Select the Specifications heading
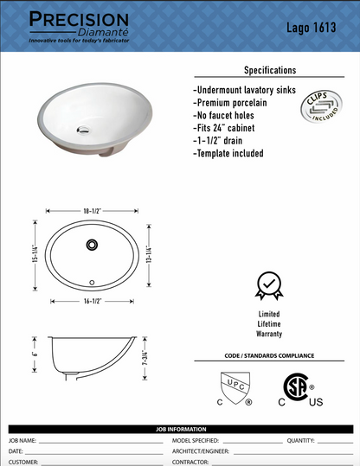point(269,70)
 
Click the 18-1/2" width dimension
point(93,210)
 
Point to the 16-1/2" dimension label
point(93,301)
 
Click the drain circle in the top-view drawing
point(91,245)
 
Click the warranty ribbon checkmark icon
point(268,286)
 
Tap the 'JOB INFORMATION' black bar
point(180,429)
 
